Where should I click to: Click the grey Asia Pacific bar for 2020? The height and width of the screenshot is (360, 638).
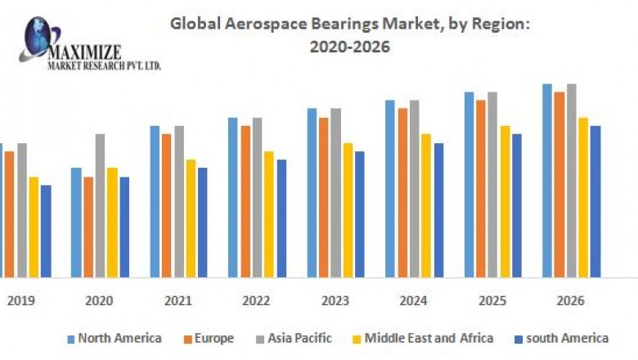tap(100, 205)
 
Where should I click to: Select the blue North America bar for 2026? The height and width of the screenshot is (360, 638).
tap(547, 180)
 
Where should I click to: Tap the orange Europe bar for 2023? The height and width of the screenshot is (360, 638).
tap(324, 197)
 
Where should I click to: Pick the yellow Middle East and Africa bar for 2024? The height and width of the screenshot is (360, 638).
tap(426, 205)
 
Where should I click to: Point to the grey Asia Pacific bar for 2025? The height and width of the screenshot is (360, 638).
tap(492, 184)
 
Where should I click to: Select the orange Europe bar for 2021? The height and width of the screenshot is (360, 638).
tap(167, 205)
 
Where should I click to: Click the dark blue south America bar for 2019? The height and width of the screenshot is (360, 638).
tap(46, 231)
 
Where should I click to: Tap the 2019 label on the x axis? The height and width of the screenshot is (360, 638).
tap(20, 301)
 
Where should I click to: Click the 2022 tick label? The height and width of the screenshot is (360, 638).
tap(256, 301)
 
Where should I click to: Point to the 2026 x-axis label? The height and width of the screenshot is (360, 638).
tap(571, 301)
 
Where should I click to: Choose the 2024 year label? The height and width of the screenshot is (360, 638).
tap(413, 301)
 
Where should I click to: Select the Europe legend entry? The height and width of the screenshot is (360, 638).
tap(214, 338)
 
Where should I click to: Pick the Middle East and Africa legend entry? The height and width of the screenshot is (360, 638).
tap(429, 338)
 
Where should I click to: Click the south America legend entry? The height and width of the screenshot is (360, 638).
tap(567, 338)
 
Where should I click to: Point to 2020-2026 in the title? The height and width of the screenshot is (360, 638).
tap(350, 47)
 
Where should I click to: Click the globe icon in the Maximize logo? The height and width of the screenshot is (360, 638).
tap(37, 34)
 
